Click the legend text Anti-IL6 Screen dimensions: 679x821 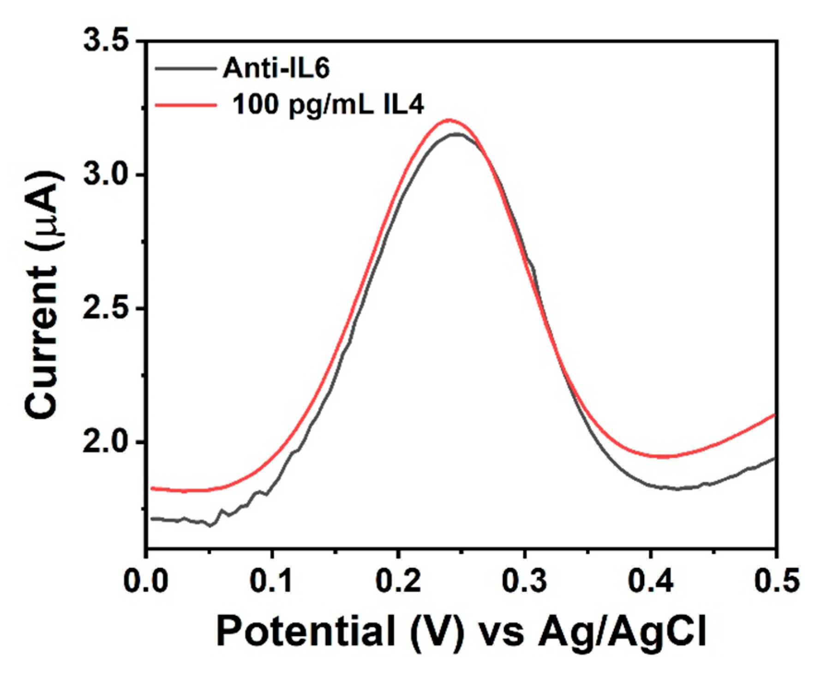tap(276, 69)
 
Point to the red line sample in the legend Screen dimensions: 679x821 tap(186, 105)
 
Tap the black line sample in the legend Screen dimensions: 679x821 tap(186, 68)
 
